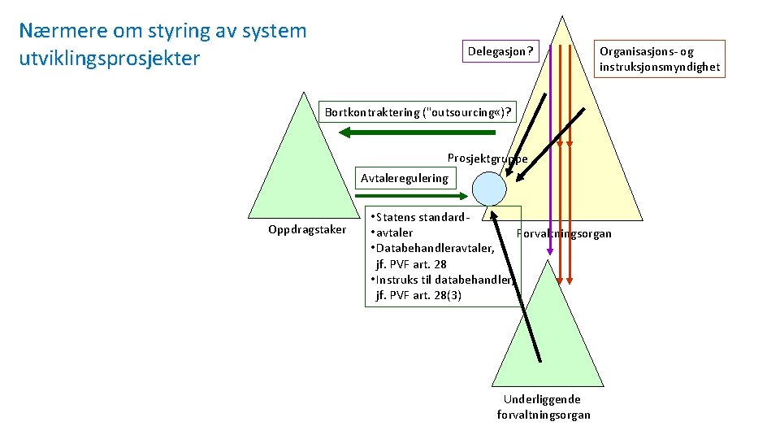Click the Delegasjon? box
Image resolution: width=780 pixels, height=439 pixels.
(x=500, y=52)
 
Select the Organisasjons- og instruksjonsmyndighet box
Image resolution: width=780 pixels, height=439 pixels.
(x=659, y=59)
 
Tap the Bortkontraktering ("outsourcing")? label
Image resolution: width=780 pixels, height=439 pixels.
(x=418, y=112)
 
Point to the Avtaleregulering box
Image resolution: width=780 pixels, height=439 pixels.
(x=404, y=178)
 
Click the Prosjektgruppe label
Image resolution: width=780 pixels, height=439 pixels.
(x=487, y=158)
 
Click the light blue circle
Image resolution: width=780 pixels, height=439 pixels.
(x=489, y=189)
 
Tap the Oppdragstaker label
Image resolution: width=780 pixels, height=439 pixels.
(x=307, y=230)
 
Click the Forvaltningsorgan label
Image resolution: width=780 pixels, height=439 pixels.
(x=564, y=234)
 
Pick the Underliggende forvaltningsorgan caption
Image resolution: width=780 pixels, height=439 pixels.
(x=543, y=407)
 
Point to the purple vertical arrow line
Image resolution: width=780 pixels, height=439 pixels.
(x=550, y=146)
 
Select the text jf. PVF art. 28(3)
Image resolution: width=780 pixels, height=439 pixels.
(x=418, y=295)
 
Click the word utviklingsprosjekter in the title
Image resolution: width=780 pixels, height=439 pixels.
(x=109, y=59)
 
